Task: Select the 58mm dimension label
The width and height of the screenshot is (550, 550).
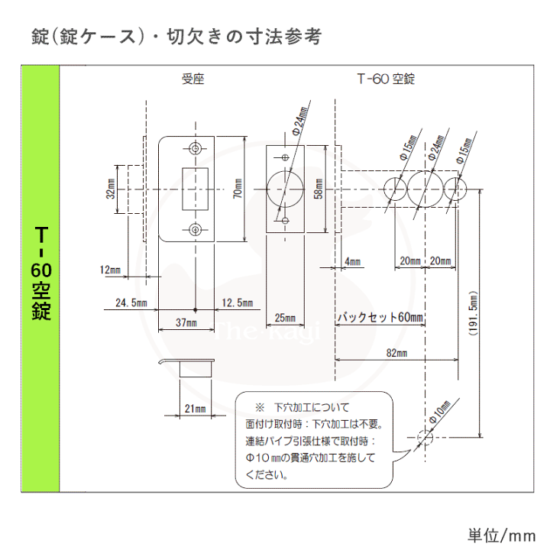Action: coord(319,189)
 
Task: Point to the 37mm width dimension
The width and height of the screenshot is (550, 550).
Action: coord(186,323)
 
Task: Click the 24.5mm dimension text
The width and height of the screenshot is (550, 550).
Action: coord(131,303)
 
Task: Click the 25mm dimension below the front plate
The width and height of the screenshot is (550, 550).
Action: coord(283,317)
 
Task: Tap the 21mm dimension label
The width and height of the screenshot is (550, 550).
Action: coord(196,409)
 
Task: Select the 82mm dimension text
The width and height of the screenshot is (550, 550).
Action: coord(395,353)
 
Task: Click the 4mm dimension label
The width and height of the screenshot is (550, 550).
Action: coord(352,262)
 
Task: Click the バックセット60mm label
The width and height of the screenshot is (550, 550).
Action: coord(380,317)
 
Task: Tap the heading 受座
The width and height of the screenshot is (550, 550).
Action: coord(193,79)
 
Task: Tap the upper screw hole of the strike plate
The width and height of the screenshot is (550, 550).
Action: coord(196,147)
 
